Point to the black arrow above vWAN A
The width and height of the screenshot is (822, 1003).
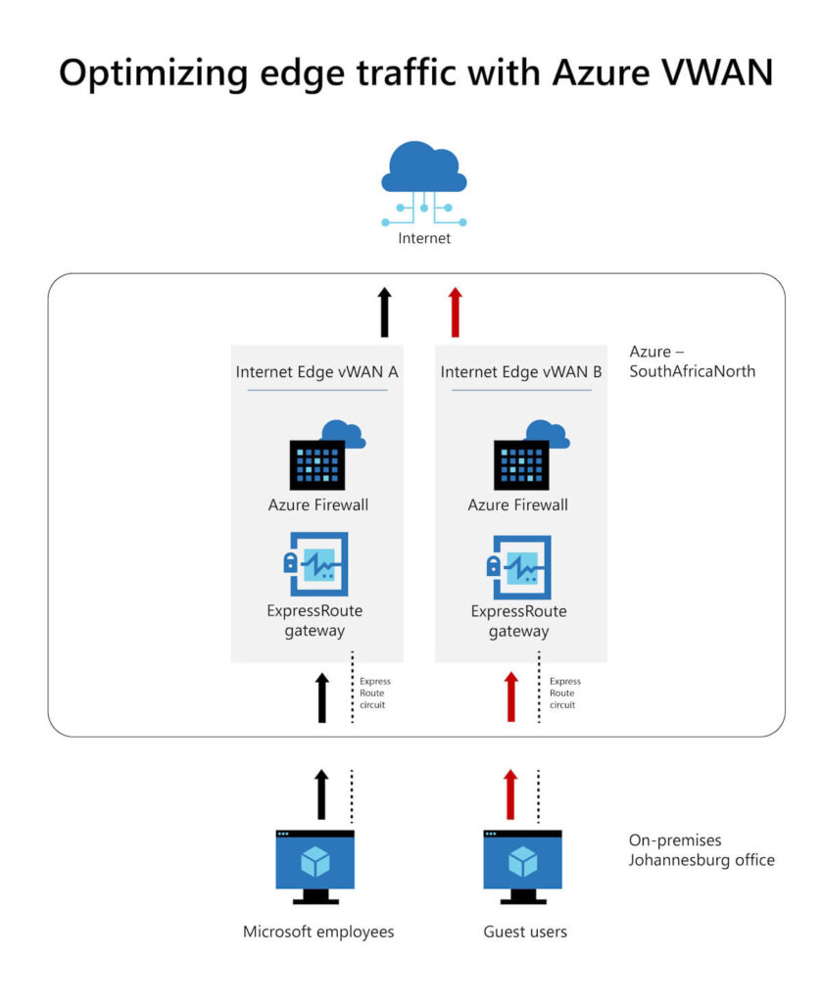384,310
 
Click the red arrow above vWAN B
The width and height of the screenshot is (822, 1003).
454,310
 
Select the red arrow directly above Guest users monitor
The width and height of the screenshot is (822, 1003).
509,793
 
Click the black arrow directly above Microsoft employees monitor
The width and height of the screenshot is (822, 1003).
321,793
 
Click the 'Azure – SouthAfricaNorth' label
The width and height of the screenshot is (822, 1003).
692,360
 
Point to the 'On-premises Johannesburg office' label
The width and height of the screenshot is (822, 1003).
701,850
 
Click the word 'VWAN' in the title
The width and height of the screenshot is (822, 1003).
703,73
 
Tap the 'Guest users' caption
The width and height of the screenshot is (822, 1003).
525,931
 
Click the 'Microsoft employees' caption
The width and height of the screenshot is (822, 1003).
318,931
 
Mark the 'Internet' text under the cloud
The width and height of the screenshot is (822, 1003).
424,237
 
